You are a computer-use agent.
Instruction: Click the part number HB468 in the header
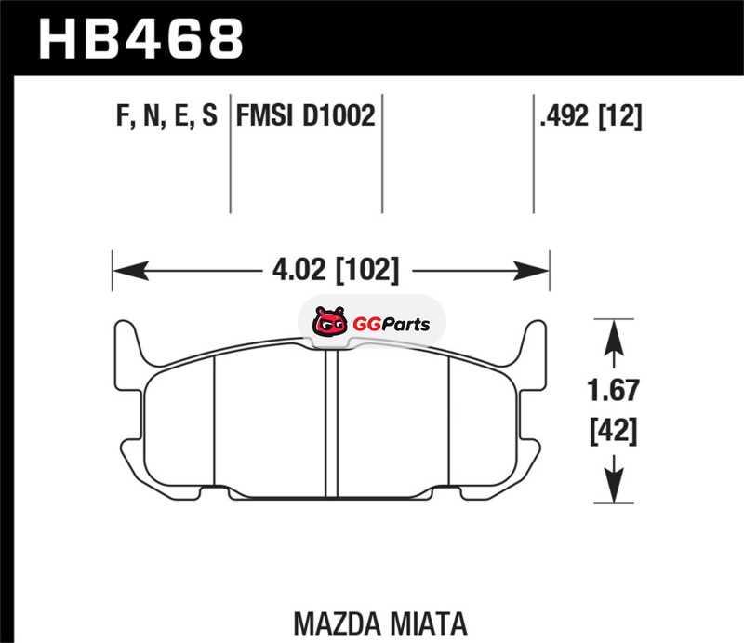click(141, 39)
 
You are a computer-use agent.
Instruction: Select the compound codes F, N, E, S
click(166, 116)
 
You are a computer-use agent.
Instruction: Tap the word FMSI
click(265, 115)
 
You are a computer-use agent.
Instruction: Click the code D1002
click(339, 115)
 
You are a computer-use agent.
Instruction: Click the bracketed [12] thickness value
click(619, 116)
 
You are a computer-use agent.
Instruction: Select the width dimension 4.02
click(299, 270)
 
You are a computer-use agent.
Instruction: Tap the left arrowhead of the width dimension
click(130, 271)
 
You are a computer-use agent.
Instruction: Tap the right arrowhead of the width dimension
click(531, 271)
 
